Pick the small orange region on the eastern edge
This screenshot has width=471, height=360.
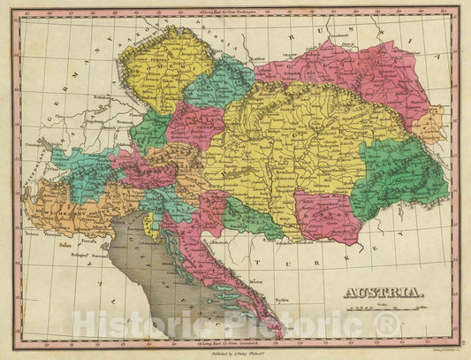coord(430,123)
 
